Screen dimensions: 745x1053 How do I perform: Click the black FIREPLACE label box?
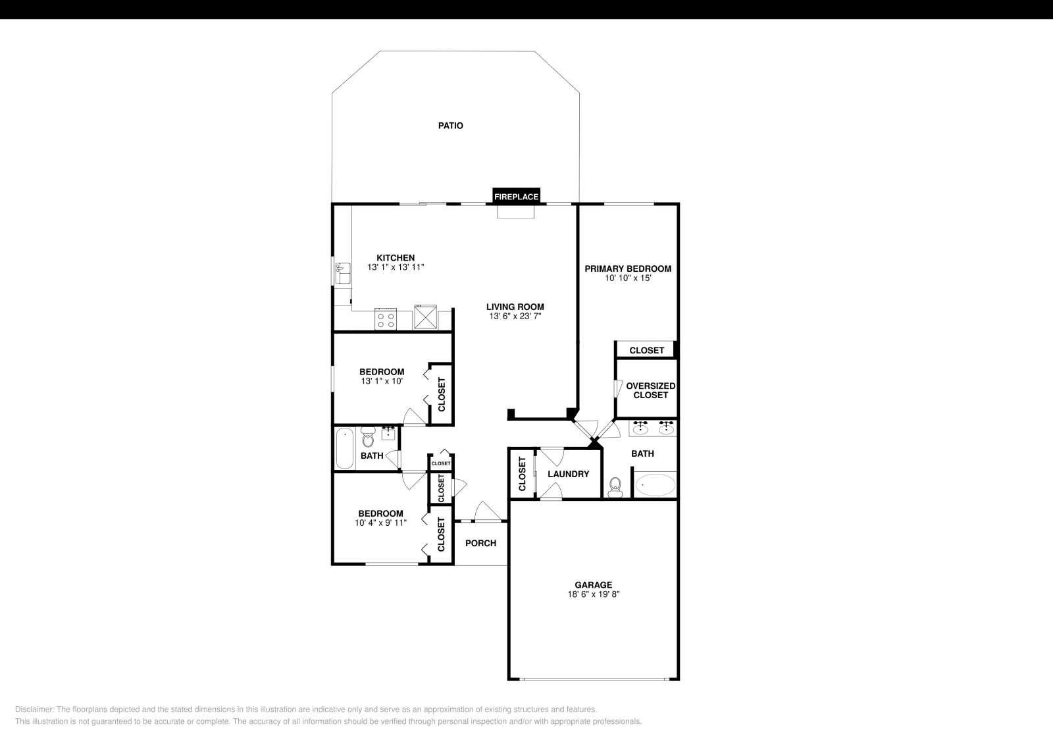pyautogui.click(x=517, y=196)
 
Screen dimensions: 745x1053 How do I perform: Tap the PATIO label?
pyautogui.click(x=451, y=125)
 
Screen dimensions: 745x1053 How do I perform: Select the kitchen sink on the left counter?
pyautogui.click(x=342, y=272)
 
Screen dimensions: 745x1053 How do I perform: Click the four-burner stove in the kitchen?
pyautogui.click(x=386, y=319)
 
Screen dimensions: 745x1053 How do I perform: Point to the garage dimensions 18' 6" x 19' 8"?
pyautogui.click(x=594, y=594)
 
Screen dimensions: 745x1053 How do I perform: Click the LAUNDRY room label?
pyautogui.click(x=568, y=474)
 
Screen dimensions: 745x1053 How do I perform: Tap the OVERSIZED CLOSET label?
pyautogui.click(x=650, y=390)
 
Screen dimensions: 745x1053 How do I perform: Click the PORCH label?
pyautogui.click(x=480, y=543)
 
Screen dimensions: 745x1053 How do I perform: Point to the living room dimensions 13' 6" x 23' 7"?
pyautogui.click(x=515, y=316)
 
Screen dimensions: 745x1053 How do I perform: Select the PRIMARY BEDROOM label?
pyautogui.click(x=628, y=269)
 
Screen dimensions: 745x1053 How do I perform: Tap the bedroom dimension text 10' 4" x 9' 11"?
pyautogui.click(x=380, y=523)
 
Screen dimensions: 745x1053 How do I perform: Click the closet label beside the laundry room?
pyautogui.click(x=523, y=474)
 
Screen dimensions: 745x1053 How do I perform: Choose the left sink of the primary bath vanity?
pyautogui.click(x=640, y=429)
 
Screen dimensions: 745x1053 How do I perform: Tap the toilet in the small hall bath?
pyautogui.click(x=368, y=438)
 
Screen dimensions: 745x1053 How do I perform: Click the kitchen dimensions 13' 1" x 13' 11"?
pyautogui.click(x=396, y=267)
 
